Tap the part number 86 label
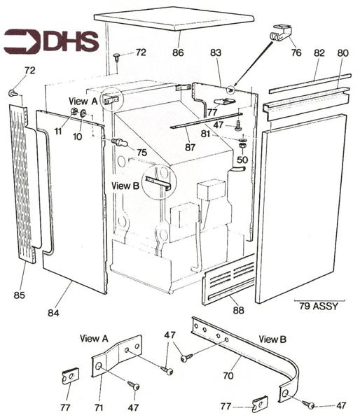click(x=179, y=52)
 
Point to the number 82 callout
click(x=319, y=53)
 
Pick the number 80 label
click(x=342, y=53)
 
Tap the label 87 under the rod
click(x=191, y=148)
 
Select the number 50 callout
click(x=242, y=160)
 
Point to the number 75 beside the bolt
click(x=141, y=153)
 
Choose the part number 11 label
click(x=57, y=131)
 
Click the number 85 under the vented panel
click(x=19, y=295)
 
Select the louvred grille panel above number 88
click(x=228, y=279)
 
